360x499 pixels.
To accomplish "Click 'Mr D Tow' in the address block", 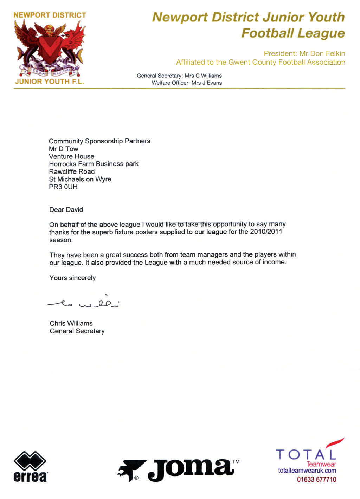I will click(x=64, y=149).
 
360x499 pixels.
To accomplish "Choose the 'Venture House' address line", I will click(x=72, y=156).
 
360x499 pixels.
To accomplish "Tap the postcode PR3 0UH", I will click(x=63, y=187).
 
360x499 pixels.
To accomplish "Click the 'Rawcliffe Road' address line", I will click(x=72, y=171).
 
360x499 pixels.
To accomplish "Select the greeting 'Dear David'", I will click(x=66, y=210).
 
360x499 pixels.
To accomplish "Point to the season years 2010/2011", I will click(x=266, y=232).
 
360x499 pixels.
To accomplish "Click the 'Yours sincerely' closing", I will click(x=72, y=278).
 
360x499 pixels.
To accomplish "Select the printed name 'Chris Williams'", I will click(x=71, y=323).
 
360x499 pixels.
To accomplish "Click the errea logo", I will click(x=30, y=466).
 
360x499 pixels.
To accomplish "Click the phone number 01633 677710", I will click(x=316, y=479).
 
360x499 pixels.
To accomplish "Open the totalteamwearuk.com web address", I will click(x=307, y=471).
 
